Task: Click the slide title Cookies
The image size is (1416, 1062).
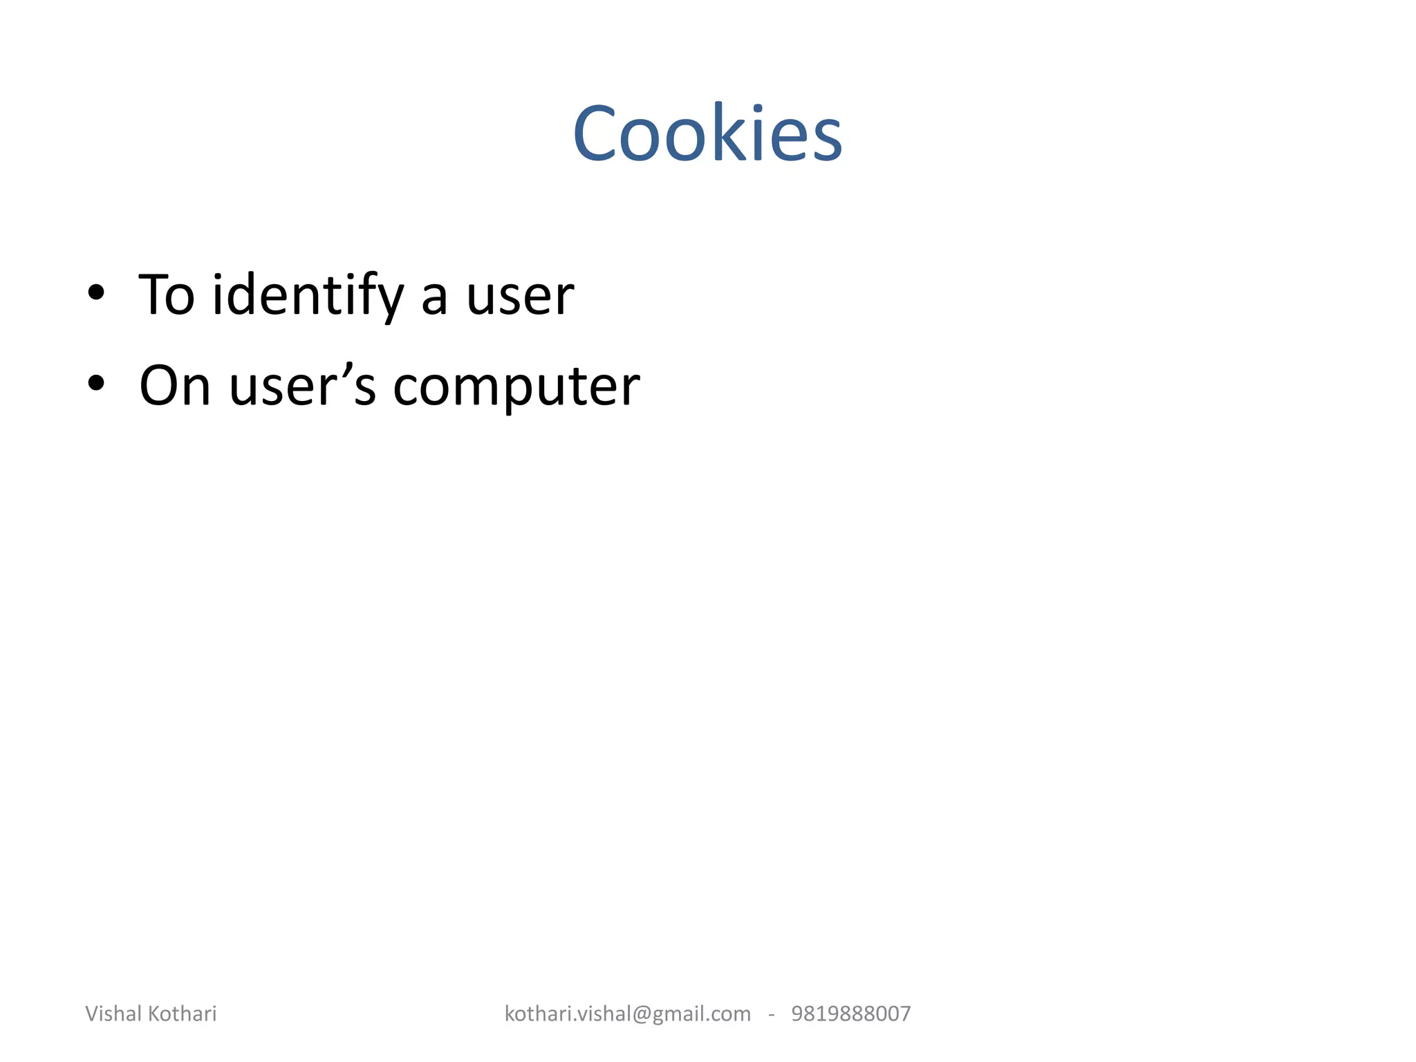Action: [x=707, y=133]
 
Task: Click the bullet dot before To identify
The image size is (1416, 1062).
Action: [x=96, y=292]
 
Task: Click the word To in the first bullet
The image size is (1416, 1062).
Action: [x=167, y=295]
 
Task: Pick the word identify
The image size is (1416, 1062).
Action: [x=308, y=295]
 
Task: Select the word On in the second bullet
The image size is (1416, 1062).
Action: [x=174, y=386]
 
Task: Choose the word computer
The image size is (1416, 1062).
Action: [x=516, y=387]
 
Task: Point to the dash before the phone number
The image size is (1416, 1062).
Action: [x=771, y=1014]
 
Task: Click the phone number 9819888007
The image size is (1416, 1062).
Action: [x=851, y=1014]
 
